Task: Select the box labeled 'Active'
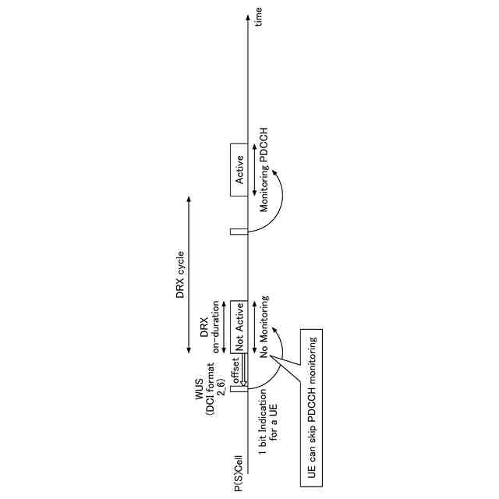tap(239, 169)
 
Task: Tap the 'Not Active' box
tap(239, 326)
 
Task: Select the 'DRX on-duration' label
tap(209, 327)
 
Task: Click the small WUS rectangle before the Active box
tap(239, 232)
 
